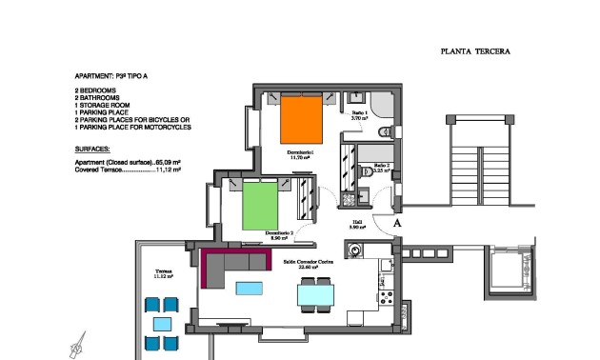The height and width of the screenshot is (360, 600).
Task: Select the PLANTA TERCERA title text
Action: pyautogui.click(x=476, y=53)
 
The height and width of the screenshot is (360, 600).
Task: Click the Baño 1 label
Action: pyautogui.click(x=359, y=114)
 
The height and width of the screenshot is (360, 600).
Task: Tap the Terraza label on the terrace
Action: pyautogui.click(x=163, y=273)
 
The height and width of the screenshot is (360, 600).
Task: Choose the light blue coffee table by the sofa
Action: pyautogui.click(x=250, y=289)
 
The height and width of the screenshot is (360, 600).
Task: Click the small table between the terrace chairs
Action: pyautogui.click(x=162, y=324)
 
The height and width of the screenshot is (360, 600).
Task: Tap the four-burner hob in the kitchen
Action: pyautogui.click(x=388, y=297)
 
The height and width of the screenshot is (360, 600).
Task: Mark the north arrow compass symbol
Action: pyautogui.click(x=77, y=345)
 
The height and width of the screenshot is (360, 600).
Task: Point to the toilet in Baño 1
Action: pyautogui.click(x=383, y=131)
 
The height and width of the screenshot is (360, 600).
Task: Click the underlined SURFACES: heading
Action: pyautogui.click(x=92, y=150)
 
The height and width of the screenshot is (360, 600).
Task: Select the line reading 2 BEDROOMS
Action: pyautogui.click(x=97, y=90)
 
